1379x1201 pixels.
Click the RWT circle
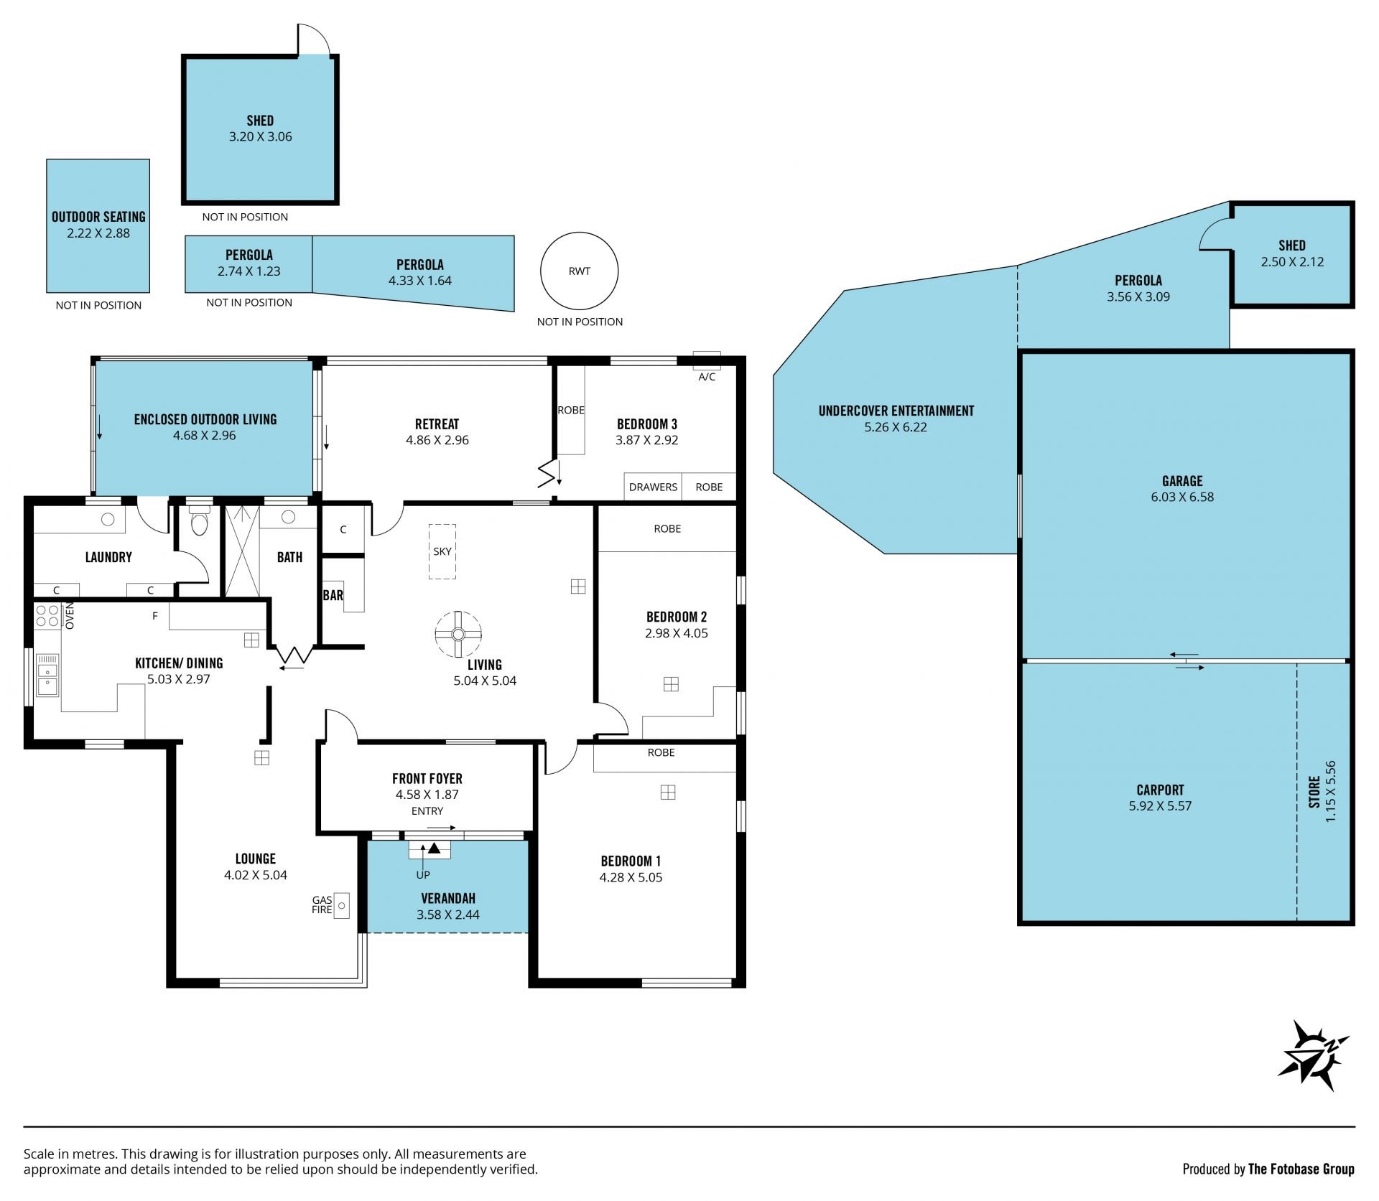coord(579,233)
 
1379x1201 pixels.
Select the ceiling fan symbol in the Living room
coord(458,634)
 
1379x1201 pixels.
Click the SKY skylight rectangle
coord(442,551)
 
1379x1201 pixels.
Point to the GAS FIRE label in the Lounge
coord(322,905)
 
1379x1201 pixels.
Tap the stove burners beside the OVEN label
coord(47,616)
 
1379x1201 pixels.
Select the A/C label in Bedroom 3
coord(707,377)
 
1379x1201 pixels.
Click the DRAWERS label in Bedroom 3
coord(653,487)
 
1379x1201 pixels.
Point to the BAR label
coord(333,595)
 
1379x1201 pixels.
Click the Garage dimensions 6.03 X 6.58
coord(1182,497)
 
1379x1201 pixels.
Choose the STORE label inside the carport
coord(1314,792)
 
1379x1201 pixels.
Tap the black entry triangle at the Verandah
coord(433,849)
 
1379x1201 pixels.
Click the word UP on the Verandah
coord(423,875)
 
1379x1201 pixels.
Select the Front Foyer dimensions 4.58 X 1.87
coord(427,795)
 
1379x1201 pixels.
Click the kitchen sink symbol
coord(47,675)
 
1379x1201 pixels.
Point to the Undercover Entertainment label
coord(896,411)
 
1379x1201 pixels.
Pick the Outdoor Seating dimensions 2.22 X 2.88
coord(98,233)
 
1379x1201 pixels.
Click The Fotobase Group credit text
coord(1301,1169)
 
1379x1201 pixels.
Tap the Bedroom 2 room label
coord(677,617)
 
